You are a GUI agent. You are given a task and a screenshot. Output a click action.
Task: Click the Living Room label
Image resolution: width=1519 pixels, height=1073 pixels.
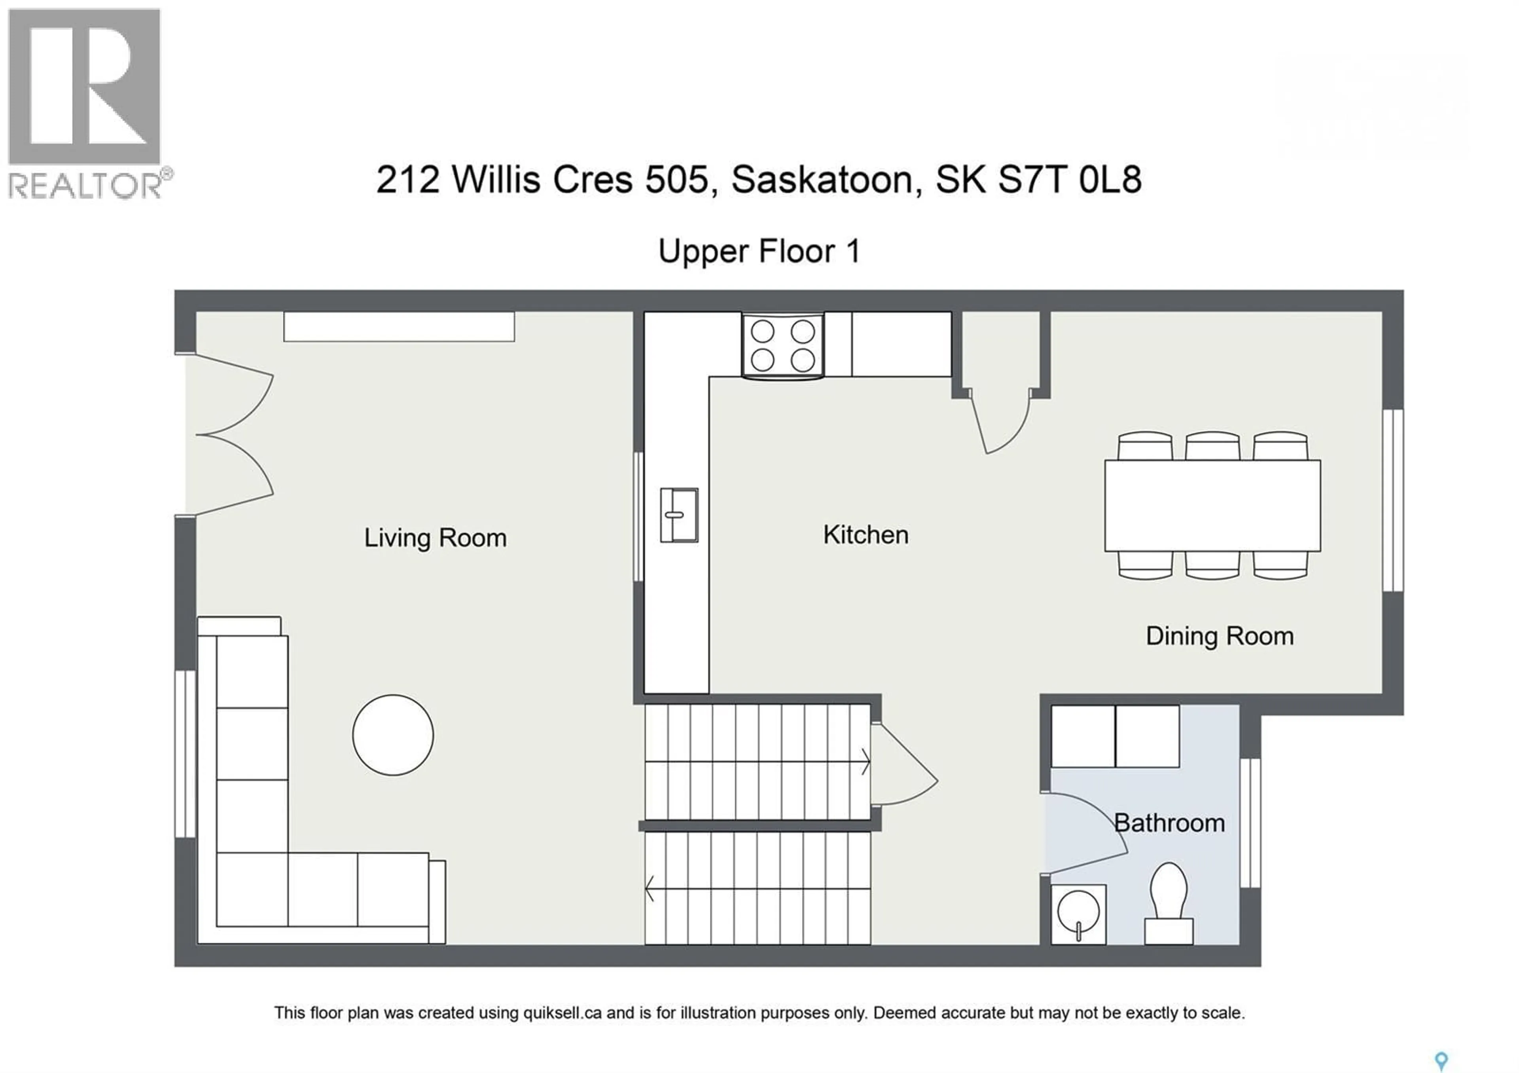[435, 538]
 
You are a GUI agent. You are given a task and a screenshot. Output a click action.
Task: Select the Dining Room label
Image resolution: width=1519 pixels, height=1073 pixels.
[1219, 636]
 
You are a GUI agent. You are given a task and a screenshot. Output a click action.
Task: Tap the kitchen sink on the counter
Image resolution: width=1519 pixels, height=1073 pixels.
[679, 515]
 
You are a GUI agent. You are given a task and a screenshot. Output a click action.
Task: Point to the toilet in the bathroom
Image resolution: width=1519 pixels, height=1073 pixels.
[1169, 903]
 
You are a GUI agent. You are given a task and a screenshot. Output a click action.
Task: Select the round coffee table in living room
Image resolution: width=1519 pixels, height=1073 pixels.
[393, 735]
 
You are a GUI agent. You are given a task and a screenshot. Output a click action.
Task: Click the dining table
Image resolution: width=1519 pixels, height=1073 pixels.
[1212, 506]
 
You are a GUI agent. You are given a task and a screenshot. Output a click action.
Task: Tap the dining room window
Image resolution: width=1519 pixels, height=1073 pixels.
[1393, 500]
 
